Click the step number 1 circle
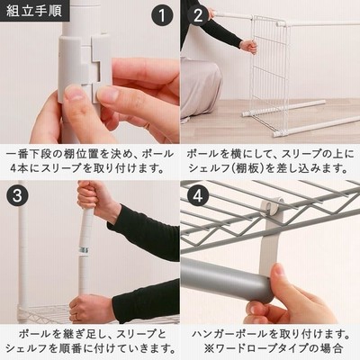click(x=162, y=15)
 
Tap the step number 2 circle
click(x=198, y=15)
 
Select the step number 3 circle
click(x=17, y=196)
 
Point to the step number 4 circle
click(x=198, y=196)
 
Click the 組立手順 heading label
click(x=34, y=11)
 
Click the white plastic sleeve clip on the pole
click(x=84, y=70)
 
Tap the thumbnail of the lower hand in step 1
click(x=74, y=94)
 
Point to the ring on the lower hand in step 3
click(x=76, y=317)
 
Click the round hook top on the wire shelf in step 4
click(x=271, y=203)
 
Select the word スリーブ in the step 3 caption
click(x=141, y=334)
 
